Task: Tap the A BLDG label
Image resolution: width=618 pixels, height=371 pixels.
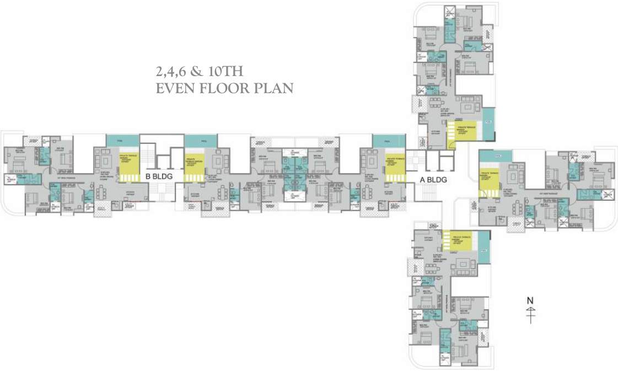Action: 433,179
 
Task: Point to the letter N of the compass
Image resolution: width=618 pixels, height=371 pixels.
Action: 530,300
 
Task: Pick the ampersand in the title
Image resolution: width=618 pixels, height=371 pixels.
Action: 197,71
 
